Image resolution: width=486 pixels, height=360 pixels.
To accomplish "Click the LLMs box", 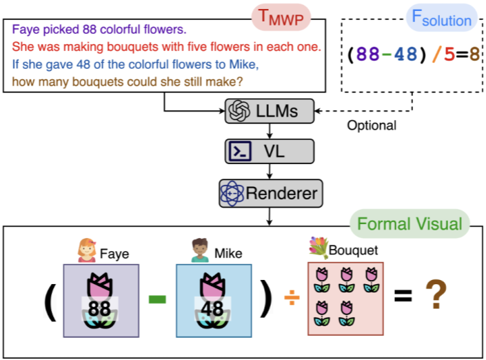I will pyautogui.click(x=270, y=110).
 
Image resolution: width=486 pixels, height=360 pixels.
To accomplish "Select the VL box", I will pyautogui.click(x=270, y=151).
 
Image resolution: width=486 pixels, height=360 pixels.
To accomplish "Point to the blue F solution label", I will pyautogui.click(x=441, y=18).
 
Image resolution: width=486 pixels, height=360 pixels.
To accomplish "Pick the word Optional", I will pyautogui.click(x=372, y=126).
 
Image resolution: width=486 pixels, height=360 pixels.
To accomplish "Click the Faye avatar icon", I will pyautogui.click(x=87, y=249).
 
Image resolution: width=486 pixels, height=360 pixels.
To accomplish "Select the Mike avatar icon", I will pyautogui.click(x=200, y=250).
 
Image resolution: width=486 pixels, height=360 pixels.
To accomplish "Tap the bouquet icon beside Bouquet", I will pyautogui.click(x=319, y=246).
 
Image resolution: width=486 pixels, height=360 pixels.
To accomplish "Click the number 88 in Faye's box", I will pyautogui.click(x=99, y=308).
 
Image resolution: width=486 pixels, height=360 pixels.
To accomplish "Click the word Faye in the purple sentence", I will pyautogui.click(x=23, y=31).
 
